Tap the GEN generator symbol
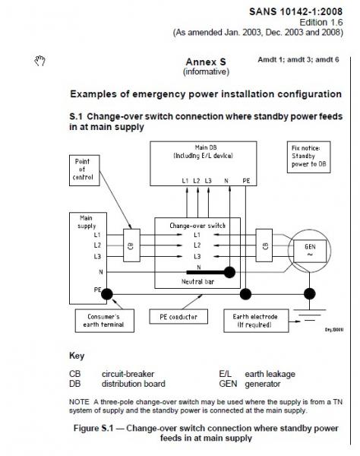pyautogui.click(x=309, y=251)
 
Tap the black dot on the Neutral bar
pyautogui.click(x=229, y=273)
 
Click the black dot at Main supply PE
pyautogui.click(x=107, y=294)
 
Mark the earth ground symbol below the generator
pyautogui.click(x=310, y=315)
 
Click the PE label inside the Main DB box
pyautogui.click(x=246, y=181)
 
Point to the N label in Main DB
pyautogui.click(x=226, y=181)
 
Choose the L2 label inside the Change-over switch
pyautogui.click(x=197, y=245)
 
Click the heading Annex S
pyautogui.click(x=206, y=62)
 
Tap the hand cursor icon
pyautogui.click(x=39, y=61)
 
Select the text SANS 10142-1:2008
pyautogui.click(x=295, y=11)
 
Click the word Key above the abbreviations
pyautogui.click(x=77, y=356)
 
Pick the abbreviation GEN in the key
pyautogui.click(x=228, y=384)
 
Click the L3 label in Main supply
pyautogui.click(x=97, y=256)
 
